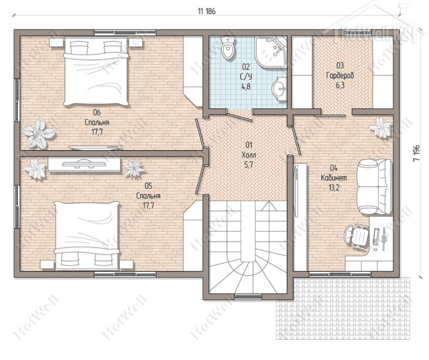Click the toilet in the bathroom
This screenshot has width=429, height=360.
(228, 48)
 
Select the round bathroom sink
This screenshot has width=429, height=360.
(279, 88)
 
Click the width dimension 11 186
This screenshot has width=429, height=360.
(207, 11)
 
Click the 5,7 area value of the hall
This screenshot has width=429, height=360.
(249, 166)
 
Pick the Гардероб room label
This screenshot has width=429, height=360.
(340, 75)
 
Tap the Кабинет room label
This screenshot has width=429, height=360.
(334, 178)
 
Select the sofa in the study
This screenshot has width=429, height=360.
(374, 187)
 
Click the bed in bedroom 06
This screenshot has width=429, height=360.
(96, 72)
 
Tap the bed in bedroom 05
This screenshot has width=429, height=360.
(87, 235)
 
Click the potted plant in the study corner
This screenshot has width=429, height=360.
(380, 128)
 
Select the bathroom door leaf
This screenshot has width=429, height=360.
(240, 117)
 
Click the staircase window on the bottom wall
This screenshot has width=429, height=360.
(248, 296)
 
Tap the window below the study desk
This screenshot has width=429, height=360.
(340, 274)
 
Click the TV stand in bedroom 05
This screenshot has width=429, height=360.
(85, 164)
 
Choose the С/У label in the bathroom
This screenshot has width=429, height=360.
(245, 77)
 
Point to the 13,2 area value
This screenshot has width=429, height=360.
(334, 188)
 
